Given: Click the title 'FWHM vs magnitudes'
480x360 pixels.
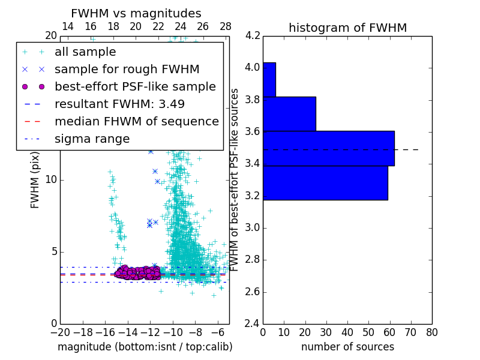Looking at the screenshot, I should pyautogui.click(x=136, y=13).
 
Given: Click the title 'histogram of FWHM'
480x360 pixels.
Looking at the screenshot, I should pyautogui.click(x=347, y=28).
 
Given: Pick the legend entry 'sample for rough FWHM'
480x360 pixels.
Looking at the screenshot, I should pyautogui.click(x=127, y=69).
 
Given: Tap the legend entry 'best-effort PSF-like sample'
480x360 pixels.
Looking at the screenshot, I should pyautogui.click(x=135, y=86).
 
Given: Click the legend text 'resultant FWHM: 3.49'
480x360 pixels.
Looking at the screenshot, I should pyautogui.click(x=119, y=104).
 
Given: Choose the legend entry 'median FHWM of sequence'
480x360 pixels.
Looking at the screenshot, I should pyautogui.click(x=136, y=121).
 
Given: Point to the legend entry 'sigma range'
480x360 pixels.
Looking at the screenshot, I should pyautogui.click(x=92, y=139).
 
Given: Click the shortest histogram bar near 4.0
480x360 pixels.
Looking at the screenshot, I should pyautogui.click(x=269, y=79).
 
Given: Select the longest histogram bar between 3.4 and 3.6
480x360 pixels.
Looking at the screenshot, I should pyautogui.click(x=329, y=148).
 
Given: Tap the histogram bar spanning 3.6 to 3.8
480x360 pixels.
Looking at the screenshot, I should pyautogui.click(x=289, y=113).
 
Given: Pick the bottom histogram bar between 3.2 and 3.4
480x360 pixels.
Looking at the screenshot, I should pyautogui.click(x=325, y=183).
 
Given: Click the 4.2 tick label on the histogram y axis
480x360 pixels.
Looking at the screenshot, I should pyautogui.click(x=253, y=35).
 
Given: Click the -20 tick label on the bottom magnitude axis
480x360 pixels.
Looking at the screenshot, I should pyautogui.click(x=60, y=332).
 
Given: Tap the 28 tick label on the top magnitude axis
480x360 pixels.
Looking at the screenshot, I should pyautogui.click(x=226, y=26).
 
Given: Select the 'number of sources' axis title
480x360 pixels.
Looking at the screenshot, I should pyautogui.click(x=347, y=347).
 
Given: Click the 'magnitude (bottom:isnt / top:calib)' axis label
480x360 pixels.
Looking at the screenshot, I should pyautogui.click(x=145, y=347).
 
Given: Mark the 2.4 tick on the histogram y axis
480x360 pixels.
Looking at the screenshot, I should pyautogui.click(x=253, y=324).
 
